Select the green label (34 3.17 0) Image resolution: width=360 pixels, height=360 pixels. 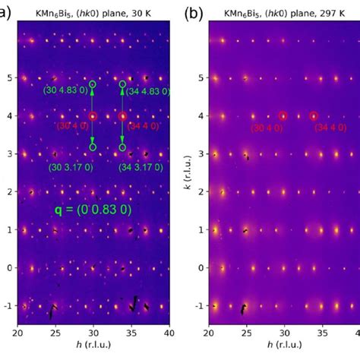point(145,166)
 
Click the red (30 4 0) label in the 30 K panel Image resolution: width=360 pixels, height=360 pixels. point(74,126)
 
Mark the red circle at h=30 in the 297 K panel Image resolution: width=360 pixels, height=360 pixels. point(283,115)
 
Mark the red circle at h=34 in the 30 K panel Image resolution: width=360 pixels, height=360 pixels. point(122,116)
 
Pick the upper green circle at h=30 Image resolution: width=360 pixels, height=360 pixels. point(93,84)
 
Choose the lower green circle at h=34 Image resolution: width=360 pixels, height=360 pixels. point(122,147)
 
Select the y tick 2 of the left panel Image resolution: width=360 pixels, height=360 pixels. point(10,191)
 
